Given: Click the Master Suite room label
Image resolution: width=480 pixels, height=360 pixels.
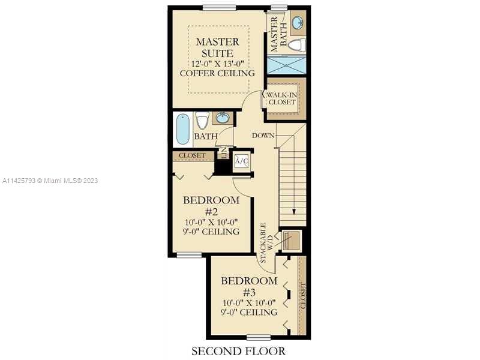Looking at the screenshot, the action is (x=217, y=47).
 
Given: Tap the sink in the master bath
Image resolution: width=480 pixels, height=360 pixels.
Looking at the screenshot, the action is (x=298, y=22).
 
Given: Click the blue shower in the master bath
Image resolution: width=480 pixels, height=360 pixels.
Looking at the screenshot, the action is (x=287, y=65).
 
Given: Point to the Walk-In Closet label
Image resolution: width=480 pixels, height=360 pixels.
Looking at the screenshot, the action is (x=282, y=98).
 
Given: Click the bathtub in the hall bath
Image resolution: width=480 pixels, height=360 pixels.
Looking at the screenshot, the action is (x=183, y=129).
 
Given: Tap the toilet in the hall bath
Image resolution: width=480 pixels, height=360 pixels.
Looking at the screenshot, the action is (x=202, y=121).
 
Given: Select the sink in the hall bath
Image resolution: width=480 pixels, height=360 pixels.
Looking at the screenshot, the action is (x=222, y=118).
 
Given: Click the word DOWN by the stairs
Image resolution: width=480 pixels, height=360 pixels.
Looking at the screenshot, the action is (x=263, y=136).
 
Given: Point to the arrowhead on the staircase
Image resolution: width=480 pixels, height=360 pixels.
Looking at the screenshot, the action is (x=294, y=212).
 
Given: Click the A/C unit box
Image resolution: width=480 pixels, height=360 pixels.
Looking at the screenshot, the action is (x=241, y=161).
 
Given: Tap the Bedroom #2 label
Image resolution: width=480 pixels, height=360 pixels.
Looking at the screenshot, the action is (x=211, y=206).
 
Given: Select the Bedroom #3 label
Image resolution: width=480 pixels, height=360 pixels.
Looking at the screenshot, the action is (x=249, y=286).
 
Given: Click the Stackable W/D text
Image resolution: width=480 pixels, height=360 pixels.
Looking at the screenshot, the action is (x=266, y=242).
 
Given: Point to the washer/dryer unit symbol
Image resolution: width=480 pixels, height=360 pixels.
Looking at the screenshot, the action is (x=291, y=241).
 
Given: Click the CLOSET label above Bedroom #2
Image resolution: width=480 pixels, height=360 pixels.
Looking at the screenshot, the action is (x=192, y=155).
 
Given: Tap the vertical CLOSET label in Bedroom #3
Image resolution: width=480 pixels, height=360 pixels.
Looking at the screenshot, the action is (x=302, y=296).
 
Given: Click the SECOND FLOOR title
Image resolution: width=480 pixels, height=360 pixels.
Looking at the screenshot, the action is (x=238, y=351).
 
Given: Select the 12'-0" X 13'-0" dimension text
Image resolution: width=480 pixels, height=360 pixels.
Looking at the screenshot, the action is (x=217, y=64).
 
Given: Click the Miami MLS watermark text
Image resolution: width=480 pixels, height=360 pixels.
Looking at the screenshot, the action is (x=50, y=181).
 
